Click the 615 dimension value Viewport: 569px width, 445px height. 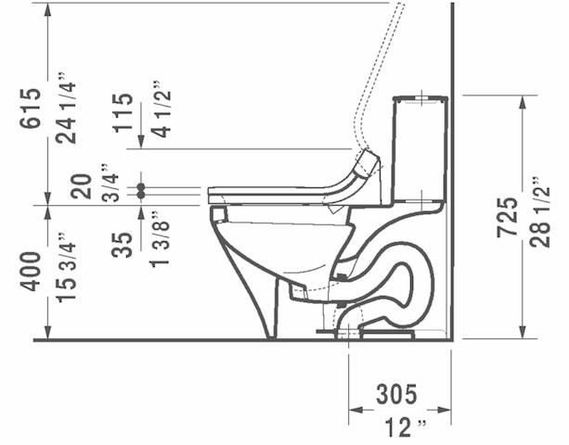point(30,108)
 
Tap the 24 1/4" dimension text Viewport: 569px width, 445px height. point(65,108)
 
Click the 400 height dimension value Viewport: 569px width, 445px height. point(30,271)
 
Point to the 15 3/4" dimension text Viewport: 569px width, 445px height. point(65,272)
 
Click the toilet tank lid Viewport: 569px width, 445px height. point(420,97)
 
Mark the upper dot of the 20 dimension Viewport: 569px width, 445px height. point(141,186)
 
